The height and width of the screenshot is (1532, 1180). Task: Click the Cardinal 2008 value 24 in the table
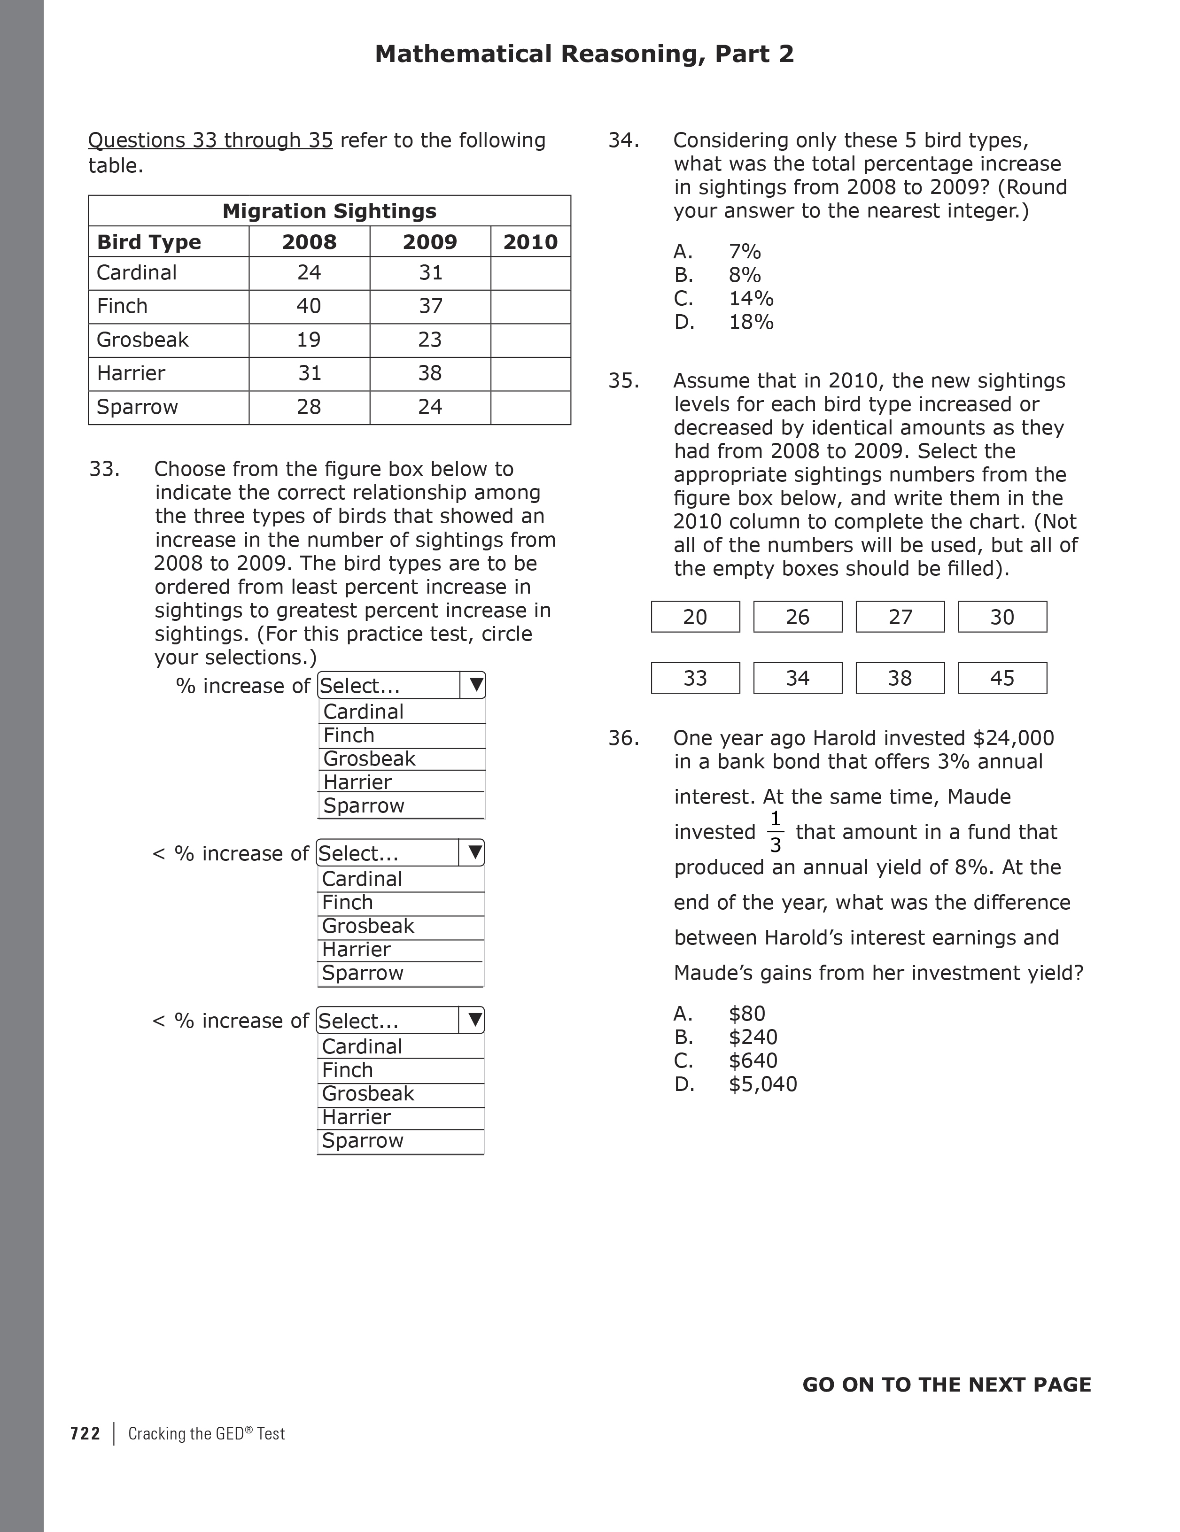[x=309, y=272]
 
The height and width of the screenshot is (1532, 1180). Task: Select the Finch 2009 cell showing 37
[x=430, y=306]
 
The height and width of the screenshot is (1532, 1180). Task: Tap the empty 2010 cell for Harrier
[x=530, y=373]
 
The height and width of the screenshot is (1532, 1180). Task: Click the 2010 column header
[x=530, y=242]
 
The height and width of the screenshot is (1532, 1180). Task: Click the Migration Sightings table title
[x=329, y=211]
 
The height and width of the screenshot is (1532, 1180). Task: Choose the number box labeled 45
[x=1002, y=678]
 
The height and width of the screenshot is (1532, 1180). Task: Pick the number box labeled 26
[x=797, y=617]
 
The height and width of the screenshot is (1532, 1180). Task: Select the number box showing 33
[x=695, y=678]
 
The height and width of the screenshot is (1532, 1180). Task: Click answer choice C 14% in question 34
[x=750, y=298]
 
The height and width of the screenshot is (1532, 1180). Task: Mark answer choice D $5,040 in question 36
[x=762, y=1084]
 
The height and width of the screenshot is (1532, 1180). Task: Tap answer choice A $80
[x=746, y=1013]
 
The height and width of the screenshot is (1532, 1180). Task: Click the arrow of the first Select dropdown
[x=475, y=685]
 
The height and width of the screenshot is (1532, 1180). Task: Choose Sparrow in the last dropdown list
[x=363, y=1140]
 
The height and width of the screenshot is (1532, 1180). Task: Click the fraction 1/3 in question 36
[x=775, y=831]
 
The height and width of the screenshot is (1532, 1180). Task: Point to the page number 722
[x=85, y=1433]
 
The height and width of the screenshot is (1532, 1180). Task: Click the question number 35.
[x=623, y=380]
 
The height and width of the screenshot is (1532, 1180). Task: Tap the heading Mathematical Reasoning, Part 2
[x=584, y=54]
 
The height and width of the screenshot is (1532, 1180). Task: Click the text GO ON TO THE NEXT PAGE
[x=947, y=1384]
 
